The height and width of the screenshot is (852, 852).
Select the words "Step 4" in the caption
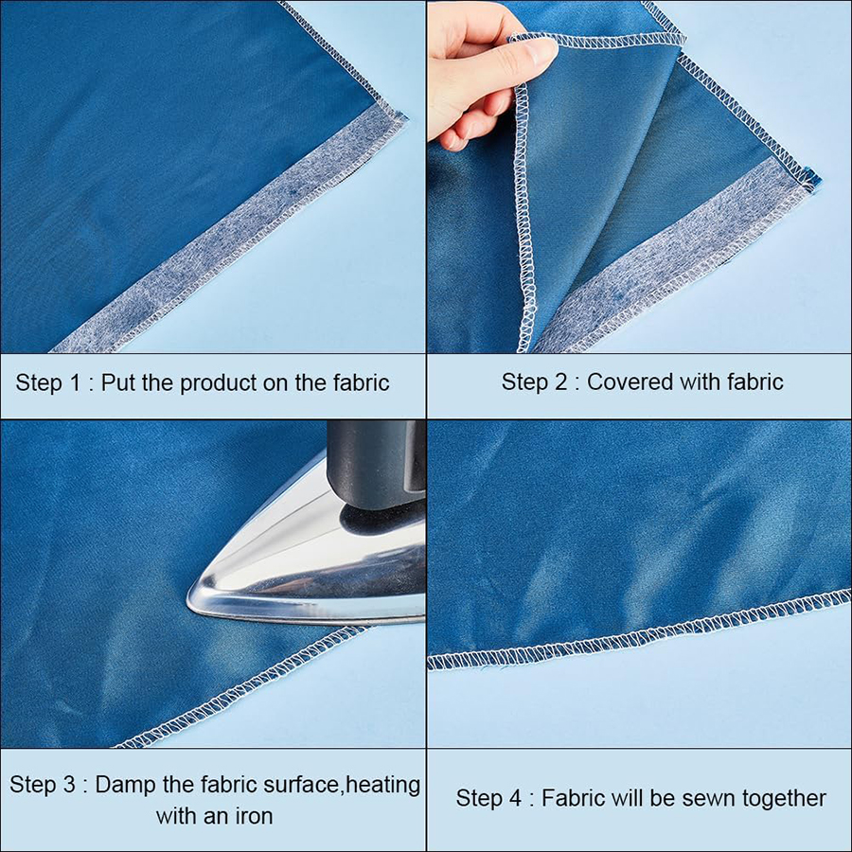point(488,798)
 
